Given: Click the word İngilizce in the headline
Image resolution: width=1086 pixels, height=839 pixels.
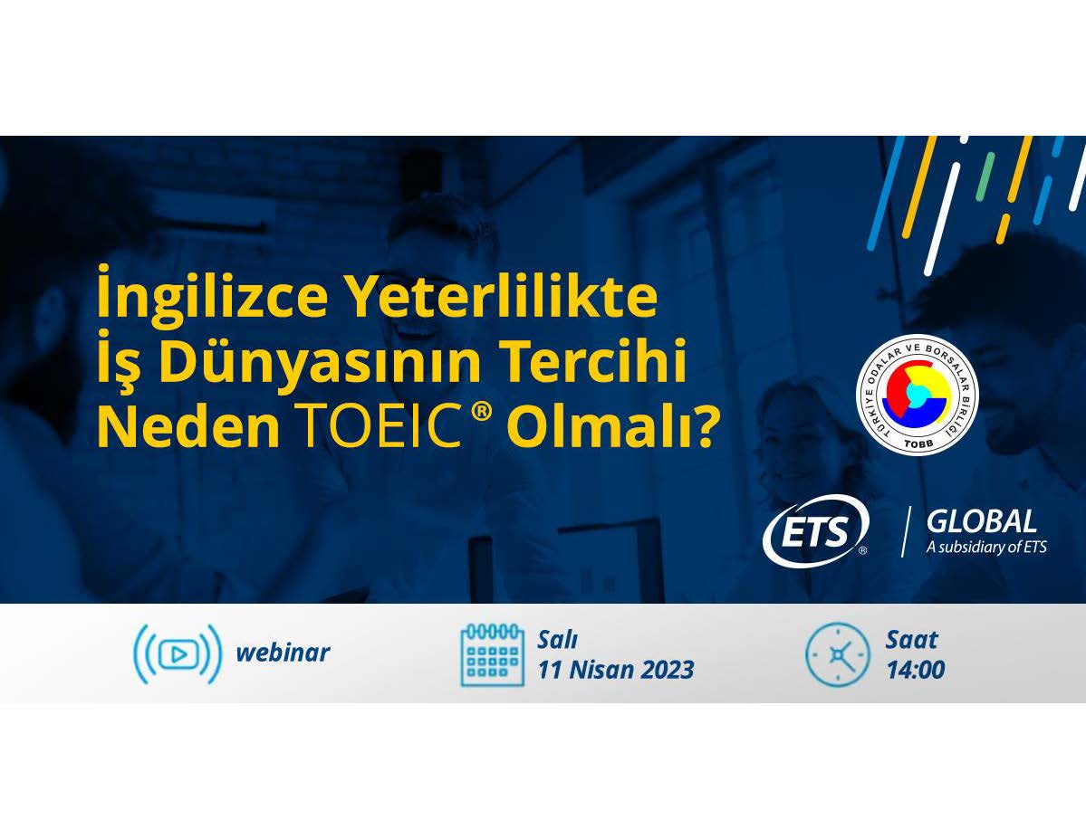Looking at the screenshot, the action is click(212, 293).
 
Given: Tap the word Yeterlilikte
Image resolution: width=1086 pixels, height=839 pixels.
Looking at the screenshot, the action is click(502, 293).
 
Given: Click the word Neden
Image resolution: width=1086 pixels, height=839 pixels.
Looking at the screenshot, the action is click(187, 425).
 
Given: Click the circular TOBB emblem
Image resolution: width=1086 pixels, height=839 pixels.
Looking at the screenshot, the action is click(917, 394).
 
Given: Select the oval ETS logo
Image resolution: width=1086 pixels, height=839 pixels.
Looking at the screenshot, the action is click(816, 530).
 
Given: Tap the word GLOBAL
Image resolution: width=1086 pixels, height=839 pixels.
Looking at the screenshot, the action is click(982, 520).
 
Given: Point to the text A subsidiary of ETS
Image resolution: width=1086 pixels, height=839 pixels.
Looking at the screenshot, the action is click(986, 547).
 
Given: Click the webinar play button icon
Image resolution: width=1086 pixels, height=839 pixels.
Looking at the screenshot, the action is click(178, 653).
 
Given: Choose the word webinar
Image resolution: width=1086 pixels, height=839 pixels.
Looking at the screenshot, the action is click(283, 653).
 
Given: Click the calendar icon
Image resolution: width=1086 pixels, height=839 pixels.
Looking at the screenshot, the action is click(492, 654).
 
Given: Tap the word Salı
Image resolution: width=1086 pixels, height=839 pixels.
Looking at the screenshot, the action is click(558, 640).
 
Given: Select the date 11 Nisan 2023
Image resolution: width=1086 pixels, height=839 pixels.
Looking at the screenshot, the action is click(616, 670).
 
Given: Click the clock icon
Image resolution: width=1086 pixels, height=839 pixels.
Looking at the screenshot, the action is click(837, 654).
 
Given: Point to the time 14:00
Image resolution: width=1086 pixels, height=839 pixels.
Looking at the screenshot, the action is click(916, 670).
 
